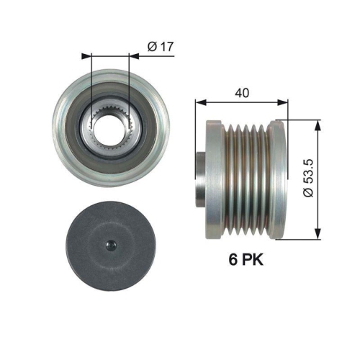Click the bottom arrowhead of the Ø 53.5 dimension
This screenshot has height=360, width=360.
pyautogui.click(x=316, y=234)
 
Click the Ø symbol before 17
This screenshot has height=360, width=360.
pyautogui.click(x=150, y=48)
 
